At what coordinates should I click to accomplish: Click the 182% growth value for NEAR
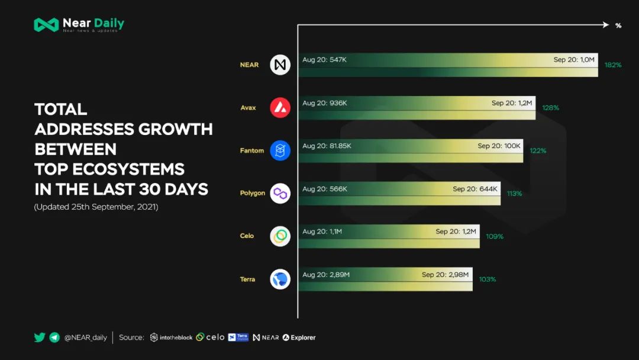click(x=613, y=65)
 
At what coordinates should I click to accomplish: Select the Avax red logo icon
click(x=280, y=108)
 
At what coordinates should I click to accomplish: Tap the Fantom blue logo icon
click(x=280, y=150)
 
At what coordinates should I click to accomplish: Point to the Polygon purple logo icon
click(x=280, y=193)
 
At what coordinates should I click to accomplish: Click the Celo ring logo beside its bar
click(x=280, y=236)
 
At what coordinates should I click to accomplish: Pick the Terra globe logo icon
click(x=280, y=279)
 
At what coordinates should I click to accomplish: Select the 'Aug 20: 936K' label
click(x=325, y=103)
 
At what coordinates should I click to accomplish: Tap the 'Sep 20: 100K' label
click(x=499, y=146)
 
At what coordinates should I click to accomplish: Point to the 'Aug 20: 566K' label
click(x=325, y=189)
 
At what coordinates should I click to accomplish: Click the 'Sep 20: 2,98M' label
click(x=445, y=275)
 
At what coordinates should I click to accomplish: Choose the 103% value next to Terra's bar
click(x=487, y=279)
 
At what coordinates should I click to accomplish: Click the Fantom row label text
click(x=251, y=150)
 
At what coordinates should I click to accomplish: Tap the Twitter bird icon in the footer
click(x=40, y=337)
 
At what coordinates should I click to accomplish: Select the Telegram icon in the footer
click(x=54, y=337)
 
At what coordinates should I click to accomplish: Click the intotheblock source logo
click(x=171, y=337)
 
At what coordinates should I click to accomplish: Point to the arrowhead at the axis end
click(x=605, y=25)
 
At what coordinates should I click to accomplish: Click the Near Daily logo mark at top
click(x=46, y=25)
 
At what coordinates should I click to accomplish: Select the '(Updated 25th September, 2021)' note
click(x=96, y=207)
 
